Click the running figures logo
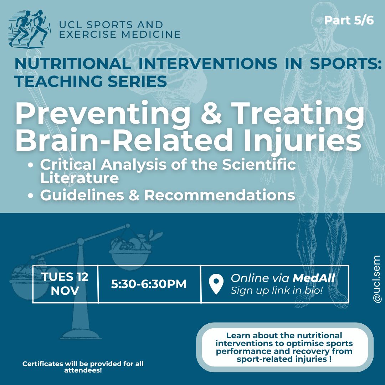point(30,29)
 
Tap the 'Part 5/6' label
point(349,20)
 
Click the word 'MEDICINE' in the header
point(151,34)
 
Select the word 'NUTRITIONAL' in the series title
point(73,63)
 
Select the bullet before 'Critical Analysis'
point(30,165)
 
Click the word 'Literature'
point(79,178)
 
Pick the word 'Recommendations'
point(220,195)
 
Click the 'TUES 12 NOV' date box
point(65,284)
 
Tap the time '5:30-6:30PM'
point(149,284)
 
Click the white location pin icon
point(216,284)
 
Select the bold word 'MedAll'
point(314,278)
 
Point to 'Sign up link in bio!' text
point(277,290)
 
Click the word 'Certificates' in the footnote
point(43,364)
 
